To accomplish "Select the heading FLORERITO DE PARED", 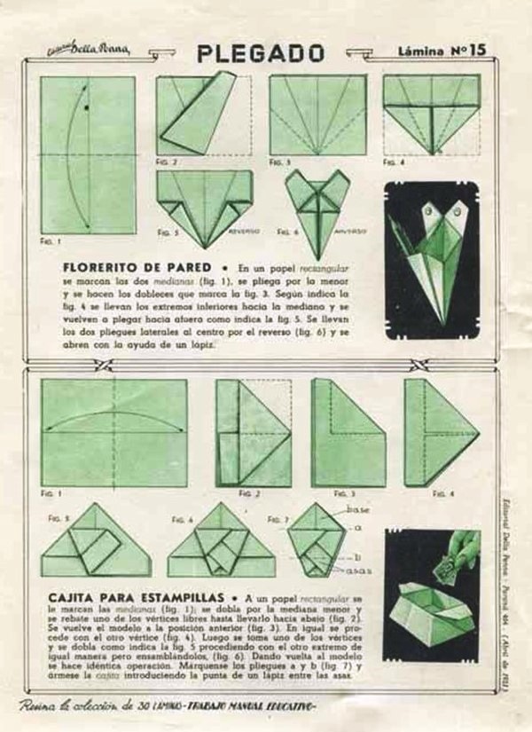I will (x=137, y=266).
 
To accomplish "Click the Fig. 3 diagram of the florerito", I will (x=317, y=114).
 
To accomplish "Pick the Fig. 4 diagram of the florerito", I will (x=432, y=112).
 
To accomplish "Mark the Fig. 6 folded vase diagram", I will (x=317, y=201).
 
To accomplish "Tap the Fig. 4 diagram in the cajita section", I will (x=441, y=432).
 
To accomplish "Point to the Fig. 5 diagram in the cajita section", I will (x=96, y=543).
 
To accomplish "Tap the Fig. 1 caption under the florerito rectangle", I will (x=51, y=241).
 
